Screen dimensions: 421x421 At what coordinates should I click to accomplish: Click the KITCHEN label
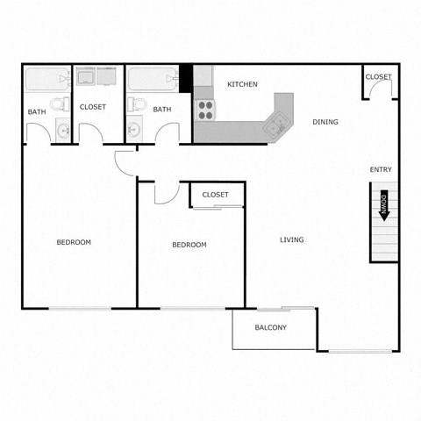242,84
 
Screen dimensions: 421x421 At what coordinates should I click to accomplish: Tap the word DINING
325,122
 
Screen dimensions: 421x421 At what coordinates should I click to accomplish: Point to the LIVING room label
292,239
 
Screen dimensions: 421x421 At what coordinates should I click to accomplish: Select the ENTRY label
381,169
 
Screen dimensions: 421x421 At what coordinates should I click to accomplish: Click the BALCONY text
271,328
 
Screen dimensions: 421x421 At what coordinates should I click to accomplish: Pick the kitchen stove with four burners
205,110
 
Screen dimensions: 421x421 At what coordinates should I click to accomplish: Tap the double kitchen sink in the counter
276,124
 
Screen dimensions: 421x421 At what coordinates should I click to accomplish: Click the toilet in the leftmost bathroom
58,106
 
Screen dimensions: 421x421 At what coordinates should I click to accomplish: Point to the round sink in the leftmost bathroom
62,132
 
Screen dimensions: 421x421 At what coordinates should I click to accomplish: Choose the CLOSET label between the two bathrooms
92,107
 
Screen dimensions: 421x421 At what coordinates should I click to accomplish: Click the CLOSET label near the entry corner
378,77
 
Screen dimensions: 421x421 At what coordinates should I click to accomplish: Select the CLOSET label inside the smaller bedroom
215,195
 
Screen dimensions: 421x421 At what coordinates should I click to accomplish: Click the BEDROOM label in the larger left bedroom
74,242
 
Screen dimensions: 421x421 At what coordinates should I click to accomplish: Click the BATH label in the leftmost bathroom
37,111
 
